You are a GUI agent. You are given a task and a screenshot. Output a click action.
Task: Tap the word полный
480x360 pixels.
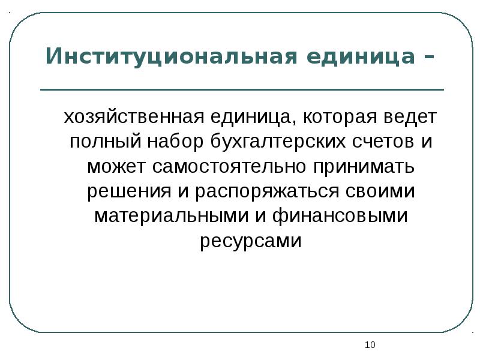pos(103,142)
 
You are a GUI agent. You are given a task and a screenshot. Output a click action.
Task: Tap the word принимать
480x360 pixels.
pos(359,166)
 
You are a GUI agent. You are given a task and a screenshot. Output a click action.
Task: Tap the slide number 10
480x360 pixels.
pos(370,345)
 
